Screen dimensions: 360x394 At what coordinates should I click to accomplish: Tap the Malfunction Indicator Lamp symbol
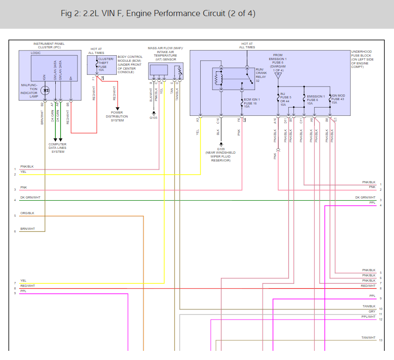(46, 91)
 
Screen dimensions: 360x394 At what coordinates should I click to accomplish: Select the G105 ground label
(154, 118)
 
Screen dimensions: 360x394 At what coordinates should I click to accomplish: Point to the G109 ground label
(221, 149)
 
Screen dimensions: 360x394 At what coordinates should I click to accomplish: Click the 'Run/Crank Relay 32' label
(261, 75)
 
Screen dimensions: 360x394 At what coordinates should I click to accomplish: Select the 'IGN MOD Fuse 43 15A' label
(340, 99)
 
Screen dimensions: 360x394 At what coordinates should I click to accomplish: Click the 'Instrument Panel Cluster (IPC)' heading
(50, 46)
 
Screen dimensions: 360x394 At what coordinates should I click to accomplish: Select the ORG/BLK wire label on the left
(27, 213)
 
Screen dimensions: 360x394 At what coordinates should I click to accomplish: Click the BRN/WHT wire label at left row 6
(27, 229)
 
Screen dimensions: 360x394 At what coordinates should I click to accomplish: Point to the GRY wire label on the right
(372, 312)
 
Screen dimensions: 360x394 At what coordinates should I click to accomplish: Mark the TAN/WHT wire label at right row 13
(368, 338)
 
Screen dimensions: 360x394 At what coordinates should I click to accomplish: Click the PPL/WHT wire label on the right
(368, 317)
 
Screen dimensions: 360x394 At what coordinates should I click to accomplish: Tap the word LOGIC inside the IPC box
(36, 53)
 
